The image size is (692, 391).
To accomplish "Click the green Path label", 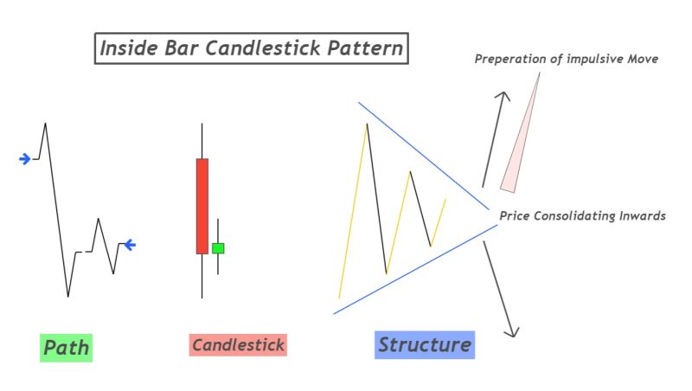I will click(x=66, y=348).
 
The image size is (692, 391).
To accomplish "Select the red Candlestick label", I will click(x=238, y=345).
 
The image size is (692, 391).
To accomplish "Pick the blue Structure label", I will click(x=425, y=345).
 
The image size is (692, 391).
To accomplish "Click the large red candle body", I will click(x=202, y=206).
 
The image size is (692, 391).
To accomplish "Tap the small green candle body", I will click(x=218, y=248).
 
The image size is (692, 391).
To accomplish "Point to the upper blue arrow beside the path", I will click(x=25, y=158).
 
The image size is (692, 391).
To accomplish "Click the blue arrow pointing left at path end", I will click(x=130, y=245).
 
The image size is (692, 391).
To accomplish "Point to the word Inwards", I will click(x=640, y=215).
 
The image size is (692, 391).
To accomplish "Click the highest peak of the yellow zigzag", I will click(x=368, y=125).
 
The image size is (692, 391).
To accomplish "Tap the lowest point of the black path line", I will click(x=68, y=297).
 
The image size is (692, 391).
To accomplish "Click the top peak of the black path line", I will click(x=45, y=124).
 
